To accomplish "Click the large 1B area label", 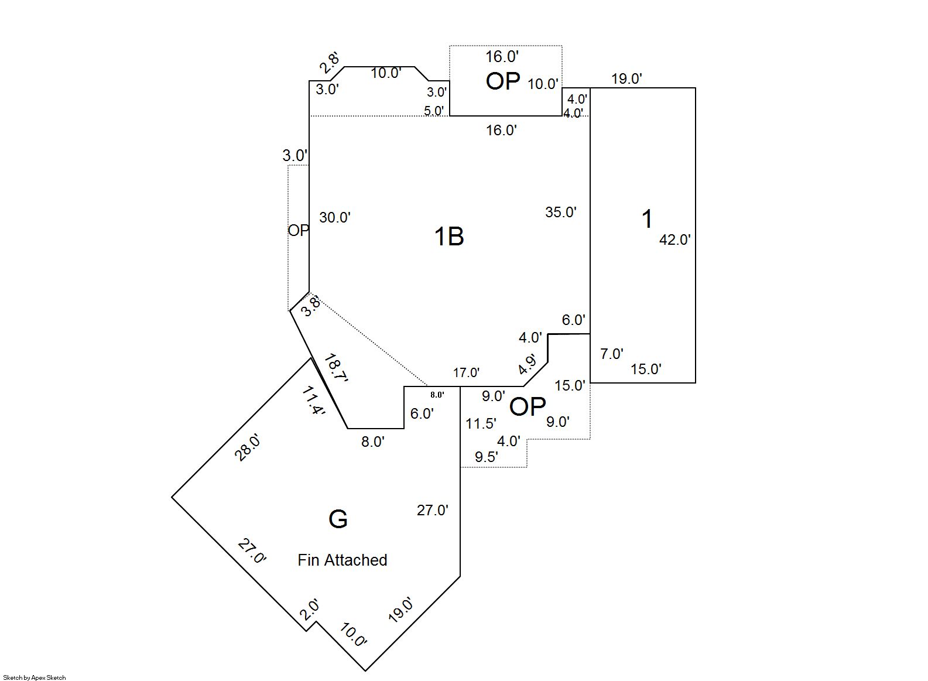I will tap(448, 237).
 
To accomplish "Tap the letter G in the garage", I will tap(338, 519).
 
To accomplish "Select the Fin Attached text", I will tap(343, 560).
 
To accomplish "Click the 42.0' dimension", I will tap(675, 239).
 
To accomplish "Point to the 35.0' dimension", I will tap(561, 212).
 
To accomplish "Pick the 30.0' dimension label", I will tap(335, 217).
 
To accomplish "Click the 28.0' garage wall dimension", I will tap(247, 448).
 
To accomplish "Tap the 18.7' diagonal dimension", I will tap(336, 368).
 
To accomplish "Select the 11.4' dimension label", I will tap(313, 401).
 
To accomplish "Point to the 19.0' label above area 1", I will tap(626, 79).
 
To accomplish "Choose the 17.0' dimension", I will tap(466, 372).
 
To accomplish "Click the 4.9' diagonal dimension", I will tap(527, 364).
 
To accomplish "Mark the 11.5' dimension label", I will tap(481, 423).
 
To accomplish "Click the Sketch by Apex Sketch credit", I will tap(35, 677).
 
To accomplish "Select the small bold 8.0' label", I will tap(437, 395).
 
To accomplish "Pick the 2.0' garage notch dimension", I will tap(309, 610).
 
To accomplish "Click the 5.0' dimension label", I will tap(434, 111).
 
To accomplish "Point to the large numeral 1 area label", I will tap(647, 218).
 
